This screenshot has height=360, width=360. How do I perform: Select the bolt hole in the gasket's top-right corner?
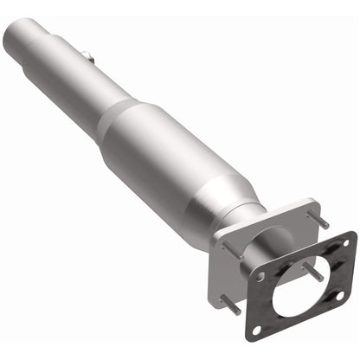pyautogui.click(x=346, y=243)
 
